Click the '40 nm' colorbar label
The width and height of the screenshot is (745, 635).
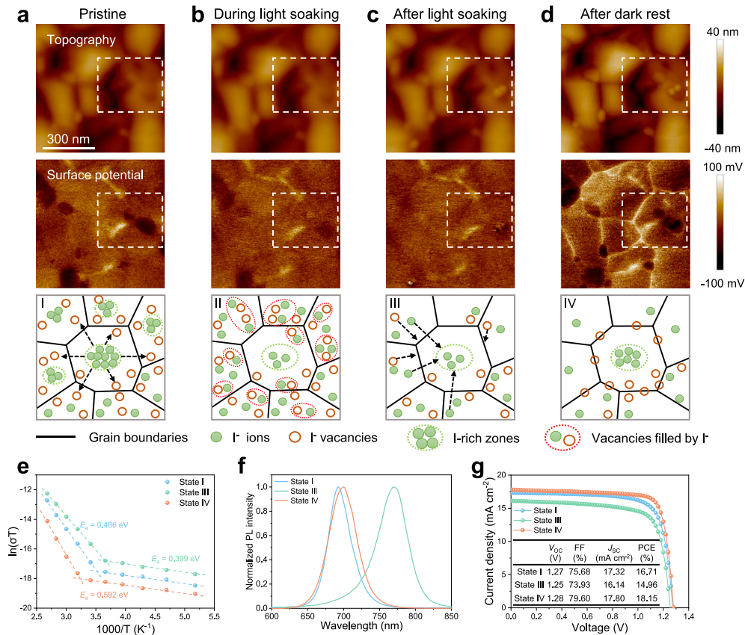click(x=723, y=32)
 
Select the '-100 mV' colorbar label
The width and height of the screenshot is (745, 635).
click(x=722, y=283)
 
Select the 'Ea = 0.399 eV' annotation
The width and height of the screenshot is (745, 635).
click(x=177, y=558)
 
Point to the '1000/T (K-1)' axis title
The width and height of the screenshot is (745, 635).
click(x=125, y=628)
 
